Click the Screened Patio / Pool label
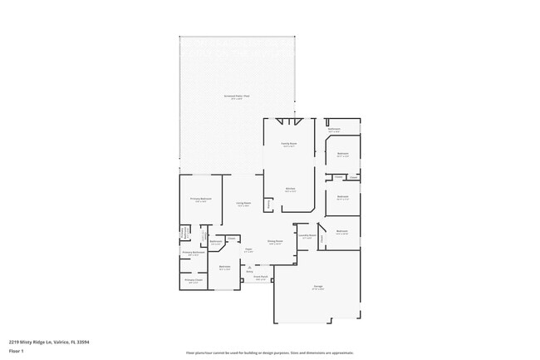(237, 96)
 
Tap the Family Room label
(290, 144)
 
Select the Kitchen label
(290, 189)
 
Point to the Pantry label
(268, 204)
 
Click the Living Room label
(243, 203)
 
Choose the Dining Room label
(275, 241)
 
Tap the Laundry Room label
(306, 236)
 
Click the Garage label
(318, 286)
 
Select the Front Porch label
(260, 277)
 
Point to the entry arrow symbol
(249, 267)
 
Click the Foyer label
(248, 249)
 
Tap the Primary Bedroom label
(201, 199)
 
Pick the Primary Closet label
(194, 280)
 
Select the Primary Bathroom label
(194, 252)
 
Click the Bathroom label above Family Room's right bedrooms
(334, 130)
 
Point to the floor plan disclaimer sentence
(270, 353)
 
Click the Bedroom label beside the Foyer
(224, 267)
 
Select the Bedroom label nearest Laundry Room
(341, 232)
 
